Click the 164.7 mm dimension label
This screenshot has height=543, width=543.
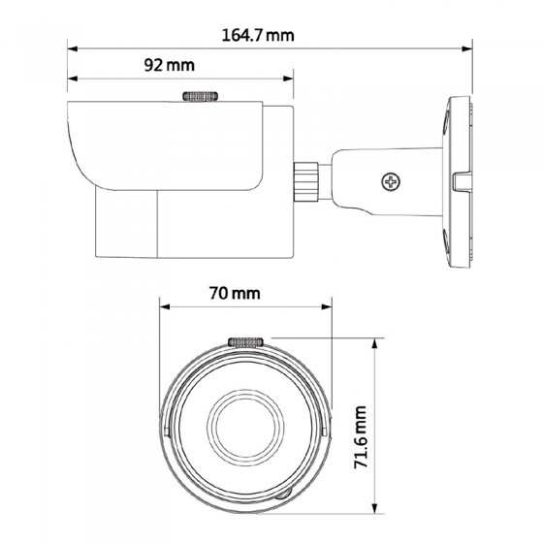[x=258, y=35]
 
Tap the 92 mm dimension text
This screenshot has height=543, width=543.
[x=170, y=65]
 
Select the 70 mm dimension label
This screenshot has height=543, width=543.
[x=235, y=293]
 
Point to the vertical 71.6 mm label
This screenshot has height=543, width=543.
[x=361, y=437]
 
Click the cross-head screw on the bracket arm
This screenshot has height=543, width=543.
[x=391, y=181]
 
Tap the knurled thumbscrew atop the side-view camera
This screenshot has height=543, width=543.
[x=200, y=96]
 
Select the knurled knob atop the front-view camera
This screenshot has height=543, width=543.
[x=245, y=342]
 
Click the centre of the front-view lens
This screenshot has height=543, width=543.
[x=245, y=427]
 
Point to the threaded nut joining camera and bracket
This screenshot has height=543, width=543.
[x=306, y=181]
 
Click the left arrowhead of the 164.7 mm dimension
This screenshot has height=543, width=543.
[x=72, y=48]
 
